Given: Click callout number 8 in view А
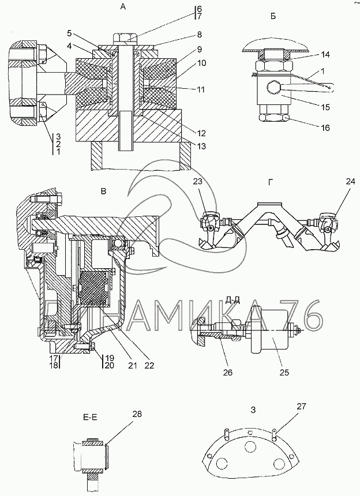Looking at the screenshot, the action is click(199, 34).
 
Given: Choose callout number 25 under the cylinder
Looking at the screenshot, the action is click(284, 373).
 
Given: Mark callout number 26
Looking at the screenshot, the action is click(227, 373).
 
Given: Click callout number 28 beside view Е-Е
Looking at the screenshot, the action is click(137, 414).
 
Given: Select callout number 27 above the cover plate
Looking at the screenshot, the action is click(302, 406).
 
